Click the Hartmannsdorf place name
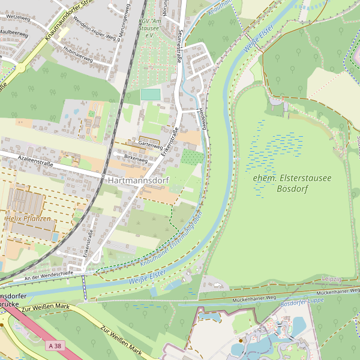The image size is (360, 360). [x=137, y=180]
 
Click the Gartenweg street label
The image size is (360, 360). [x=151, y=145]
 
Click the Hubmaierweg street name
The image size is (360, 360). [x=77, y=59]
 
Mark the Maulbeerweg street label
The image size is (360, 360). [x=14, y=35]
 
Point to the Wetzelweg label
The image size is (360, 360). [x=16, y=18]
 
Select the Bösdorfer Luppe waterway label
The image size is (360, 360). [x=302, y=302]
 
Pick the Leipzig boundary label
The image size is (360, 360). [x=331, y=279]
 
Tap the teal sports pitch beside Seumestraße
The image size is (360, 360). [x=151, y=94]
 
